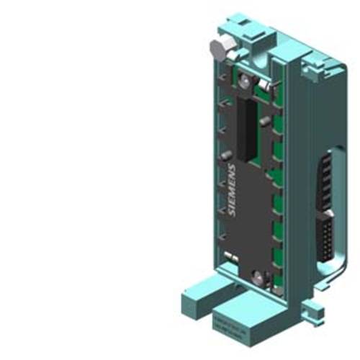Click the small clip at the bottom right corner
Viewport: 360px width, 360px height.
tap(312, 314)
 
